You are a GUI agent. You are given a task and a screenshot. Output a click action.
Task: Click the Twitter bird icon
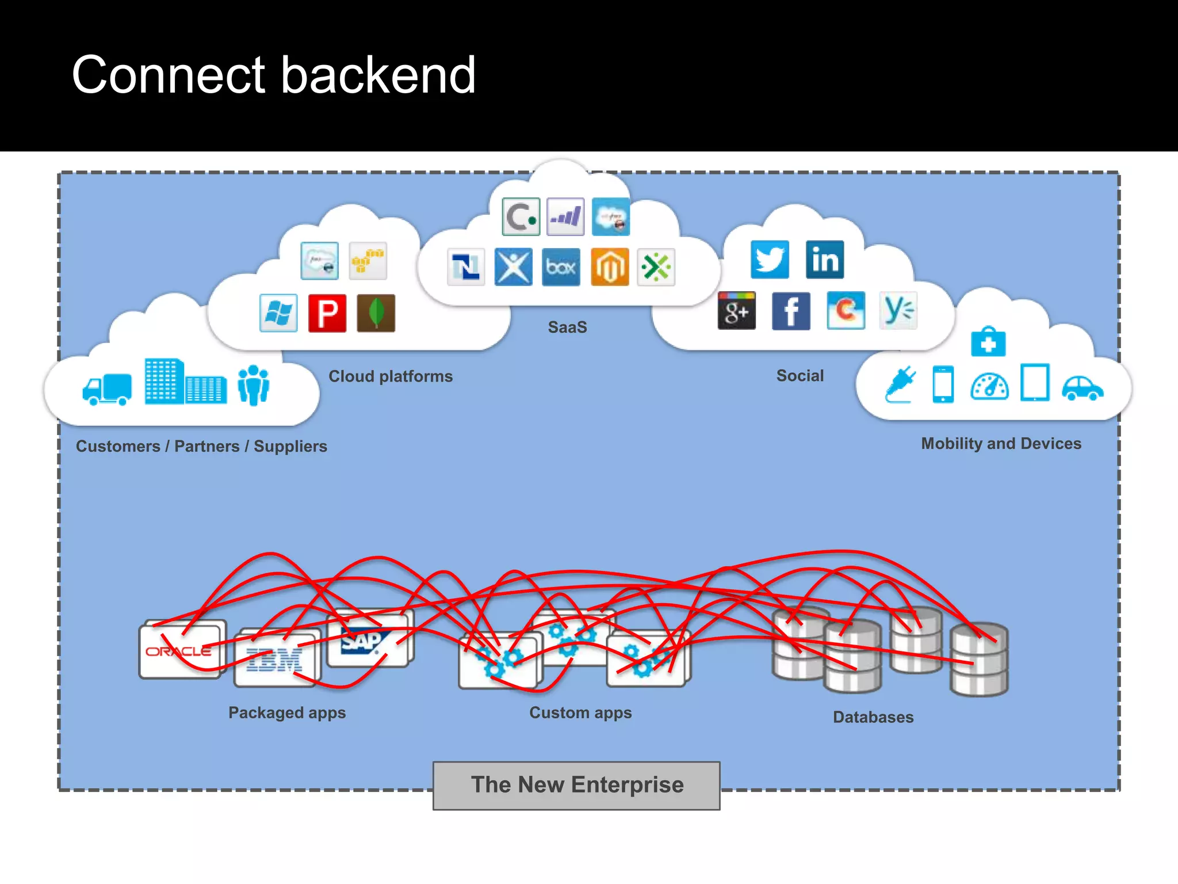pyautogui.click(x=770, y=260)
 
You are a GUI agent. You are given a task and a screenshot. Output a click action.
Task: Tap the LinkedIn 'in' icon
pyautogui.click(x=825, y=260)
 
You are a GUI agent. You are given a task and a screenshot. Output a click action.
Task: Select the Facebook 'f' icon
pyautogui.click(x=791, y=311)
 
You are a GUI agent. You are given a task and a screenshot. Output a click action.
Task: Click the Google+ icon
pyautogui.click(x=737, y=311)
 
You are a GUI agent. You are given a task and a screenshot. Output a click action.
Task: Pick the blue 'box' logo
pyautogui.click(x=561, y=267)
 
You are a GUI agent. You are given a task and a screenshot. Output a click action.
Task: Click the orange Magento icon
pyautogui.click(x=610, y=267)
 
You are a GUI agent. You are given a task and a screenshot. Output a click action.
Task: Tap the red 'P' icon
pyautogui.click(x=327, y=313)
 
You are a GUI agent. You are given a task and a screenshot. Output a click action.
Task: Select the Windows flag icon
pyautogui.click(x=278, y=313)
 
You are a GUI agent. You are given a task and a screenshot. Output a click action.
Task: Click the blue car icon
pyautogui.click(x=1082, y=388)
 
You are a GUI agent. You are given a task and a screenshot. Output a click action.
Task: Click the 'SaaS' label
pyautogui.click(x=567, y=327)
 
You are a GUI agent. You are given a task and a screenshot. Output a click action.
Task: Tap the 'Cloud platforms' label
pyautogui.click(x=391, y=376)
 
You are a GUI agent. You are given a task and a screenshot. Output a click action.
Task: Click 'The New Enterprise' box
pyautogui.click(x=576, y=786)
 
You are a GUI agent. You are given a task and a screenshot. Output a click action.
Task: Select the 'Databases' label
pyautogui.click(x=873, y=717)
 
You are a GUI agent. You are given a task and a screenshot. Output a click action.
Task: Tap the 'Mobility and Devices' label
pyautogui.click(x=1001, y=444)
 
